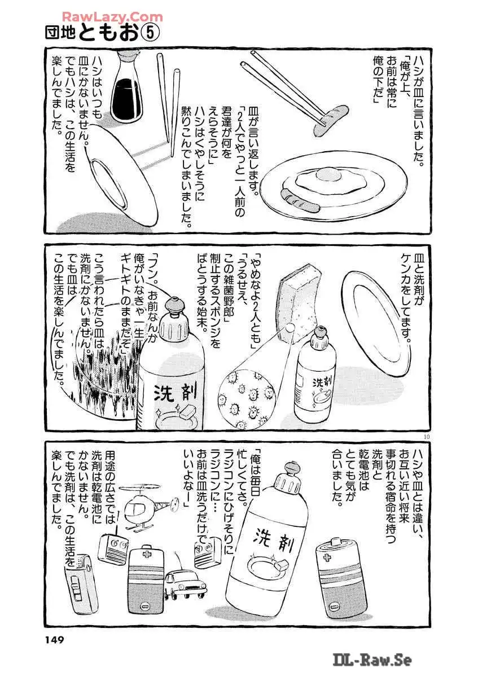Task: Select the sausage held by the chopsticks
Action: (x=331, y=120)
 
